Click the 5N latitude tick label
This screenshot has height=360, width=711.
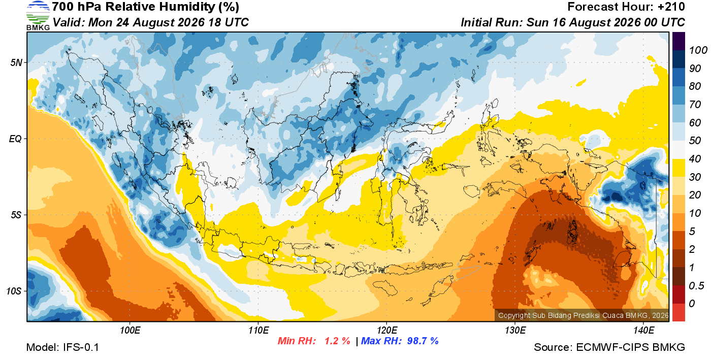pos(16,62)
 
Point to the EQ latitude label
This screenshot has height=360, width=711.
pos(15,139)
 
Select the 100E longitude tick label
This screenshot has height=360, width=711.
pos(130,331)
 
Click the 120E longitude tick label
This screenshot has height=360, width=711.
pos(387,331)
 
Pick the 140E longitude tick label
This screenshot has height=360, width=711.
pos(644,331)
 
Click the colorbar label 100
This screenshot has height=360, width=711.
pos(698,50)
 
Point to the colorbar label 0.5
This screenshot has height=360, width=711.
pos(697,286)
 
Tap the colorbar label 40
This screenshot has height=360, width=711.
pos(695,159)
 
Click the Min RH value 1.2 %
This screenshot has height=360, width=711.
pos(337,341)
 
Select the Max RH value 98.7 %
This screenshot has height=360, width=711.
pos(423,341)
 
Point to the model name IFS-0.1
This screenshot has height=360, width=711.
pos(81,347)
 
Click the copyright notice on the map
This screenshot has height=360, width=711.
pos(583,315)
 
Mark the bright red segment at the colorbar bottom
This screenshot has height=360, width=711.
pos(678,312)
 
